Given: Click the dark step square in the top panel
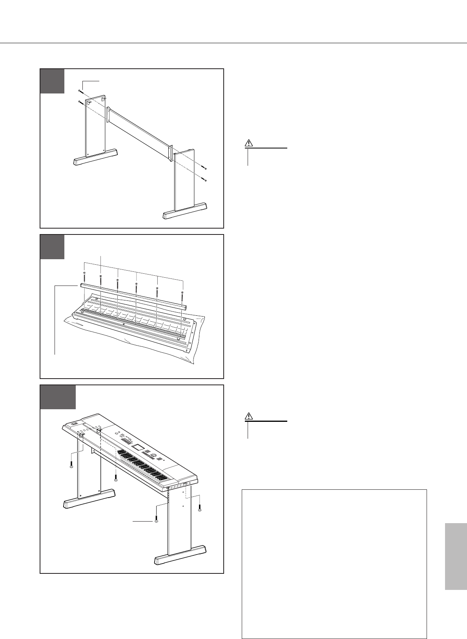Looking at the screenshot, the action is point(53,81).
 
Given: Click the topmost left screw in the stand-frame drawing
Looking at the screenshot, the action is point(80,91).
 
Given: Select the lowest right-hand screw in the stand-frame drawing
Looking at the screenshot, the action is point(205,180).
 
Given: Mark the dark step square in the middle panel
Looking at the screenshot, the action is point(53,247).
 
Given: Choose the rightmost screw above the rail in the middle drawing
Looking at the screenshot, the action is point(183,292).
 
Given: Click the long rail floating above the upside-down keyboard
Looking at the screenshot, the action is point(133,295).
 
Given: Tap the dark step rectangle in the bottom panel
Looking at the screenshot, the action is point(58,397).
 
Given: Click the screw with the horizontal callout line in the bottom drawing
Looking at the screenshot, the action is point(157,521).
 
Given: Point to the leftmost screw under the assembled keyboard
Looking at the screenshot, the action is point(71,466).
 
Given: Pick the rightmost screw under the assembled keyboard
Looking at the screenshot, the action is point(200,509).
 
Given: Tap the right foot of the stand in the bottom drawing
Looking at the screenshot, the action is point(181,555).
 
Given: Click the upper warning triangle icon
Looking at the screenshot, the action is point(248,143).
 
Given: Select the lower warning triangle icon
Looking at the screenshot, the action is point(248,416).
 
